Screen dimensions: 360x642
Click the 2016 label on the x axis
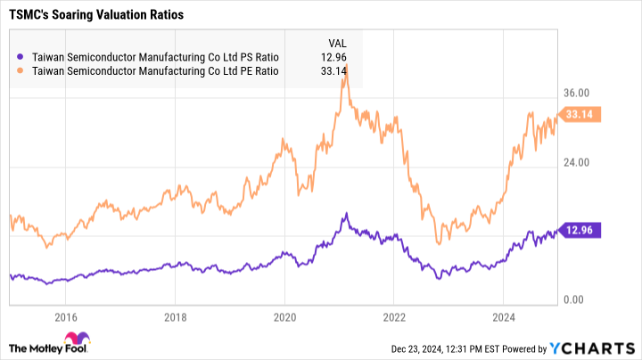point(64,317)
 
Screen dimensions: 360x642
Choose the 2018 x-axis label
point(176,317)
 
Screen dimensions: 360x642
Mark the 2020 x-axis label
point(284,317)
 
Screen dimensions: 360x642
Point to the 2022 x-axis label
point(394,317)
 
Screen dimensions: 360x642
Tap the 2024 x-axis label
point(504,317)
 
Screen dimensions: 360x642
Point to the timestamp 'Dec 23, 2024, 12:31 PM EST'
point(456,347)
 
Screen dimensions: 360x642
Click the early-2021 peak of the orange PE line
point(345,67)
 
